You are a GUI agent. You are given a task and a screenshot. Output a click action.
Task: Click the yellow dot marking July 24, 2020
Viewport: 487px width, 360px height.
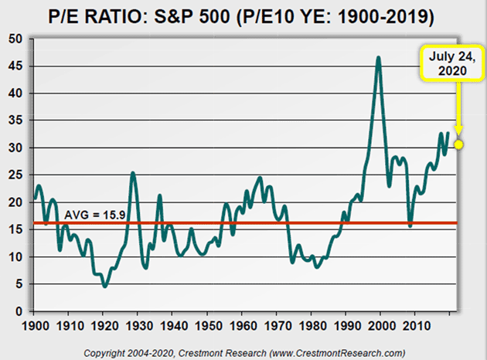[x=458, y=144]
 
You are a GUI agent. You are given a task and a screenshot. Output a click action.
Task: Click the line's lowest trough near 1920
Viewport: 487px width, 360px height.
[x=104, y=287]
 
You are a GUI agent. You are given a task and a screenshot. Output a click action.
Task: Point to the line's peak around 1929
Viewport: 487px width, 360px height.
[x=133, y=173]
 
